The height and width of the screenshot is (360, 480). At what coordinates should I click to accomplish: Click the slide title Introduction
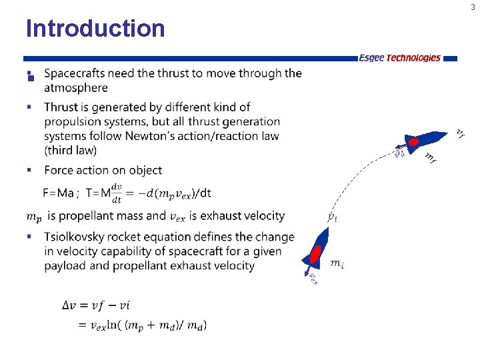pos(95,29)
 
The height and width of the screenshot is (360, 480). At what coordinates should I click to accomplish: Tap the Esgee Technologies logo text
pos(399,58)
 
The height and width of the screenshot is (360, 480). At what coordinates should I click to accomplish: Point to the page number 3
pos(473,7)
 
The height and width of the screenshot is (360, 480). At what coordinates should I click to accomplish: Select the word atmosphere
pos(75,88)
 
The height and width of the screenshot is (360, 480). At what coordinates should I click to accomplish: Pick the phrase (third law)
pos(70,151)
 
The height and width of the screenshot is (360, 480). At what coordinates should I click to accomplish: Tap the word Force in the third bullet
pos(59,171)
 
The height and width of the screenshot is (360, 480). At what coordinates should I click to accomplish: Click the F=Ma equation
pos(59,193)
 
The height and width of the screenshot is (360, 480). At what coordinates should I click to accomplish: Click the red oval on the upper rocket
pos(413,142)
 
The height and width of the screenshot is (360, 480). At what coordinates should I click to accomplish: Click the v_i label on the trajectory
pos(331,217)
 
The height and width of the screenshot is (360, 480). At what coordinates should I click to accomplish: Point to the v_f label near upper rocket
pos(459,133)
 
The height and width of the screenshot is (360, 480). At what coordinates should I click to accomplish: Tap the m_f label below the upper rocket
pos(431,158)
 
